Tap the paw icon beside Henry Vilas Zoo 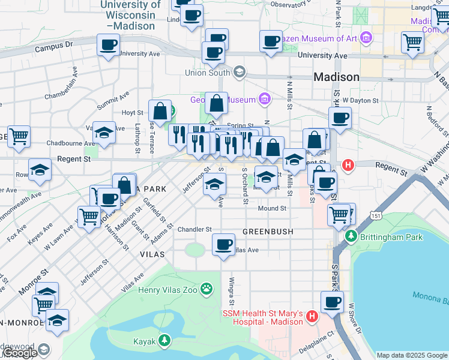click(206, 290)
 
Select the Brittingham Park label click(391, 237)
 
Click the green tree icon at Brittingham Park click(352, 237)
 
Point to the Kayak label click(145, 342)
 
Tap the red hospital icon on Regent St click(347, 165)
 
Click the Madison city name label click(336, 77)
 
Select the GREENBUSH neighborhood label click(268, 232)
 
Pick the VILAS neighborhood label click(151, 254)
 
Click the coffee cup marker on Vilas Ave click(224, 244)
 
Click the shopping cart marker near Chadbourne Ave click(19, 136)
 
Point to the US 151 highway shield click(376, 215)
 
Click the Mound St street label click(272, 209)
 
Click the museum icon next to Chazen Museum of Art click(366, 38)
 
